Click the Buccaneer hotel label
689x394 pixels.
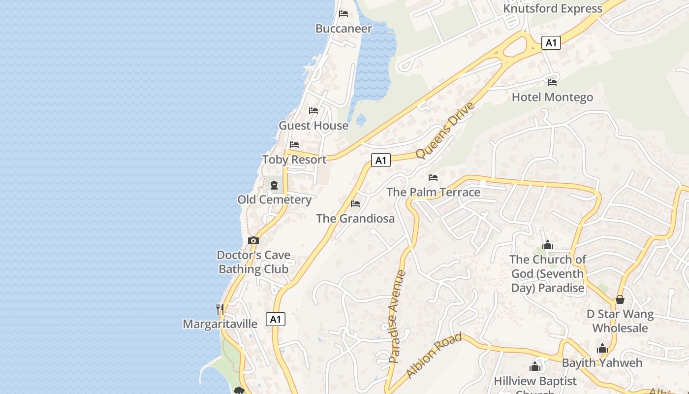tap(344, 29)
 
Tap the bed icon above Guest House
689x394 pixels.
tap(313, 111)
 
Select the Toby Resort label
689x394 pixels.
tap(294, 160)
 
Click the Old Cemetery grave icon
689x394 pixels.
tap(274, 185)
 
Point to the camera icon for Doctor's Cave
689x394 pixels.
tap(253, 241)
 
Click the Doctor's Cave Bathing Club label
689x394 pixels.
tap(253, 262)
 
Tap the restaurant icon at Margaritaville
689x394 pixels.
tap(220, 309)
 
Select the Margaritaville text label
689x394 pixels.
tap(220, 324)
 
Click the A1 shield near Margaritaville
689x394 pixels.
tap(276, 319)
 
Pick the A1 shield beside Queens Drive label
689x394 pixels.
tap(380, 160)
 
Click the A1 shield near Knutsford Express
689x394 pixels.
tap(551, 43)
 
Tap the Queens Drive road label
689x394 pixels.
tap(445, 131)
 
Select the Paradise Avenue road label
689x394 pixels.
tap(397, 316)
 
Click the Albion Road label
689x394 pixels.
tap(434, 356)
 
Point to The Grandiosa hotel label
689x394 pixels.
tap(355, 218)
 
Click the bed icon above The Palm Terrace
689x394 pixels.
tap(433, 178)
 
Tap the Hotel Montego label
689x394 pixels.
tap(552, 97)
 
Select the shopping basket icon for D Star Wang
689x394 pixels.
tap(620, 299)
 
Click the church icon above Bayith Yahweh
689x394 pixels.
tap(602, 348)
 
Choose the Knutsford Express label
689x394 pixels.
tap(552, 8)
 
